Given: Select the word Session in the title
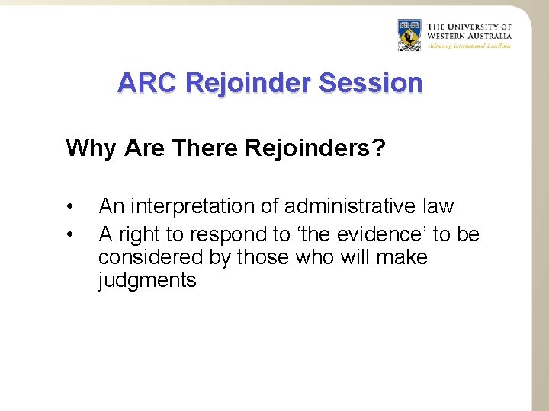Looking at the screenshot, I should [x=370, y=82].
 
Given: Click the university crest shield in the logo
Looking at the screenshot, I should [x=409, y=35].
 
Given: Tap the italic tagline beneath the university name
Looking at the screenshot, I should [x=469, y=46].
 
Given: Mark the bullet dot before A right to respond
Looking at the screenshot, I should [x=69, y=234].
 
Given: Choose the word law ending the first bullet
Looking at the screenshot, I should [x=437, y=206].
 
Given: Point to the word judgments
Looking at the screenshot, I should [x=147, y=281].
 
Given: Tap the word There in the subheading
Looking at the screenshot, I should [x=205, y=147].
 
